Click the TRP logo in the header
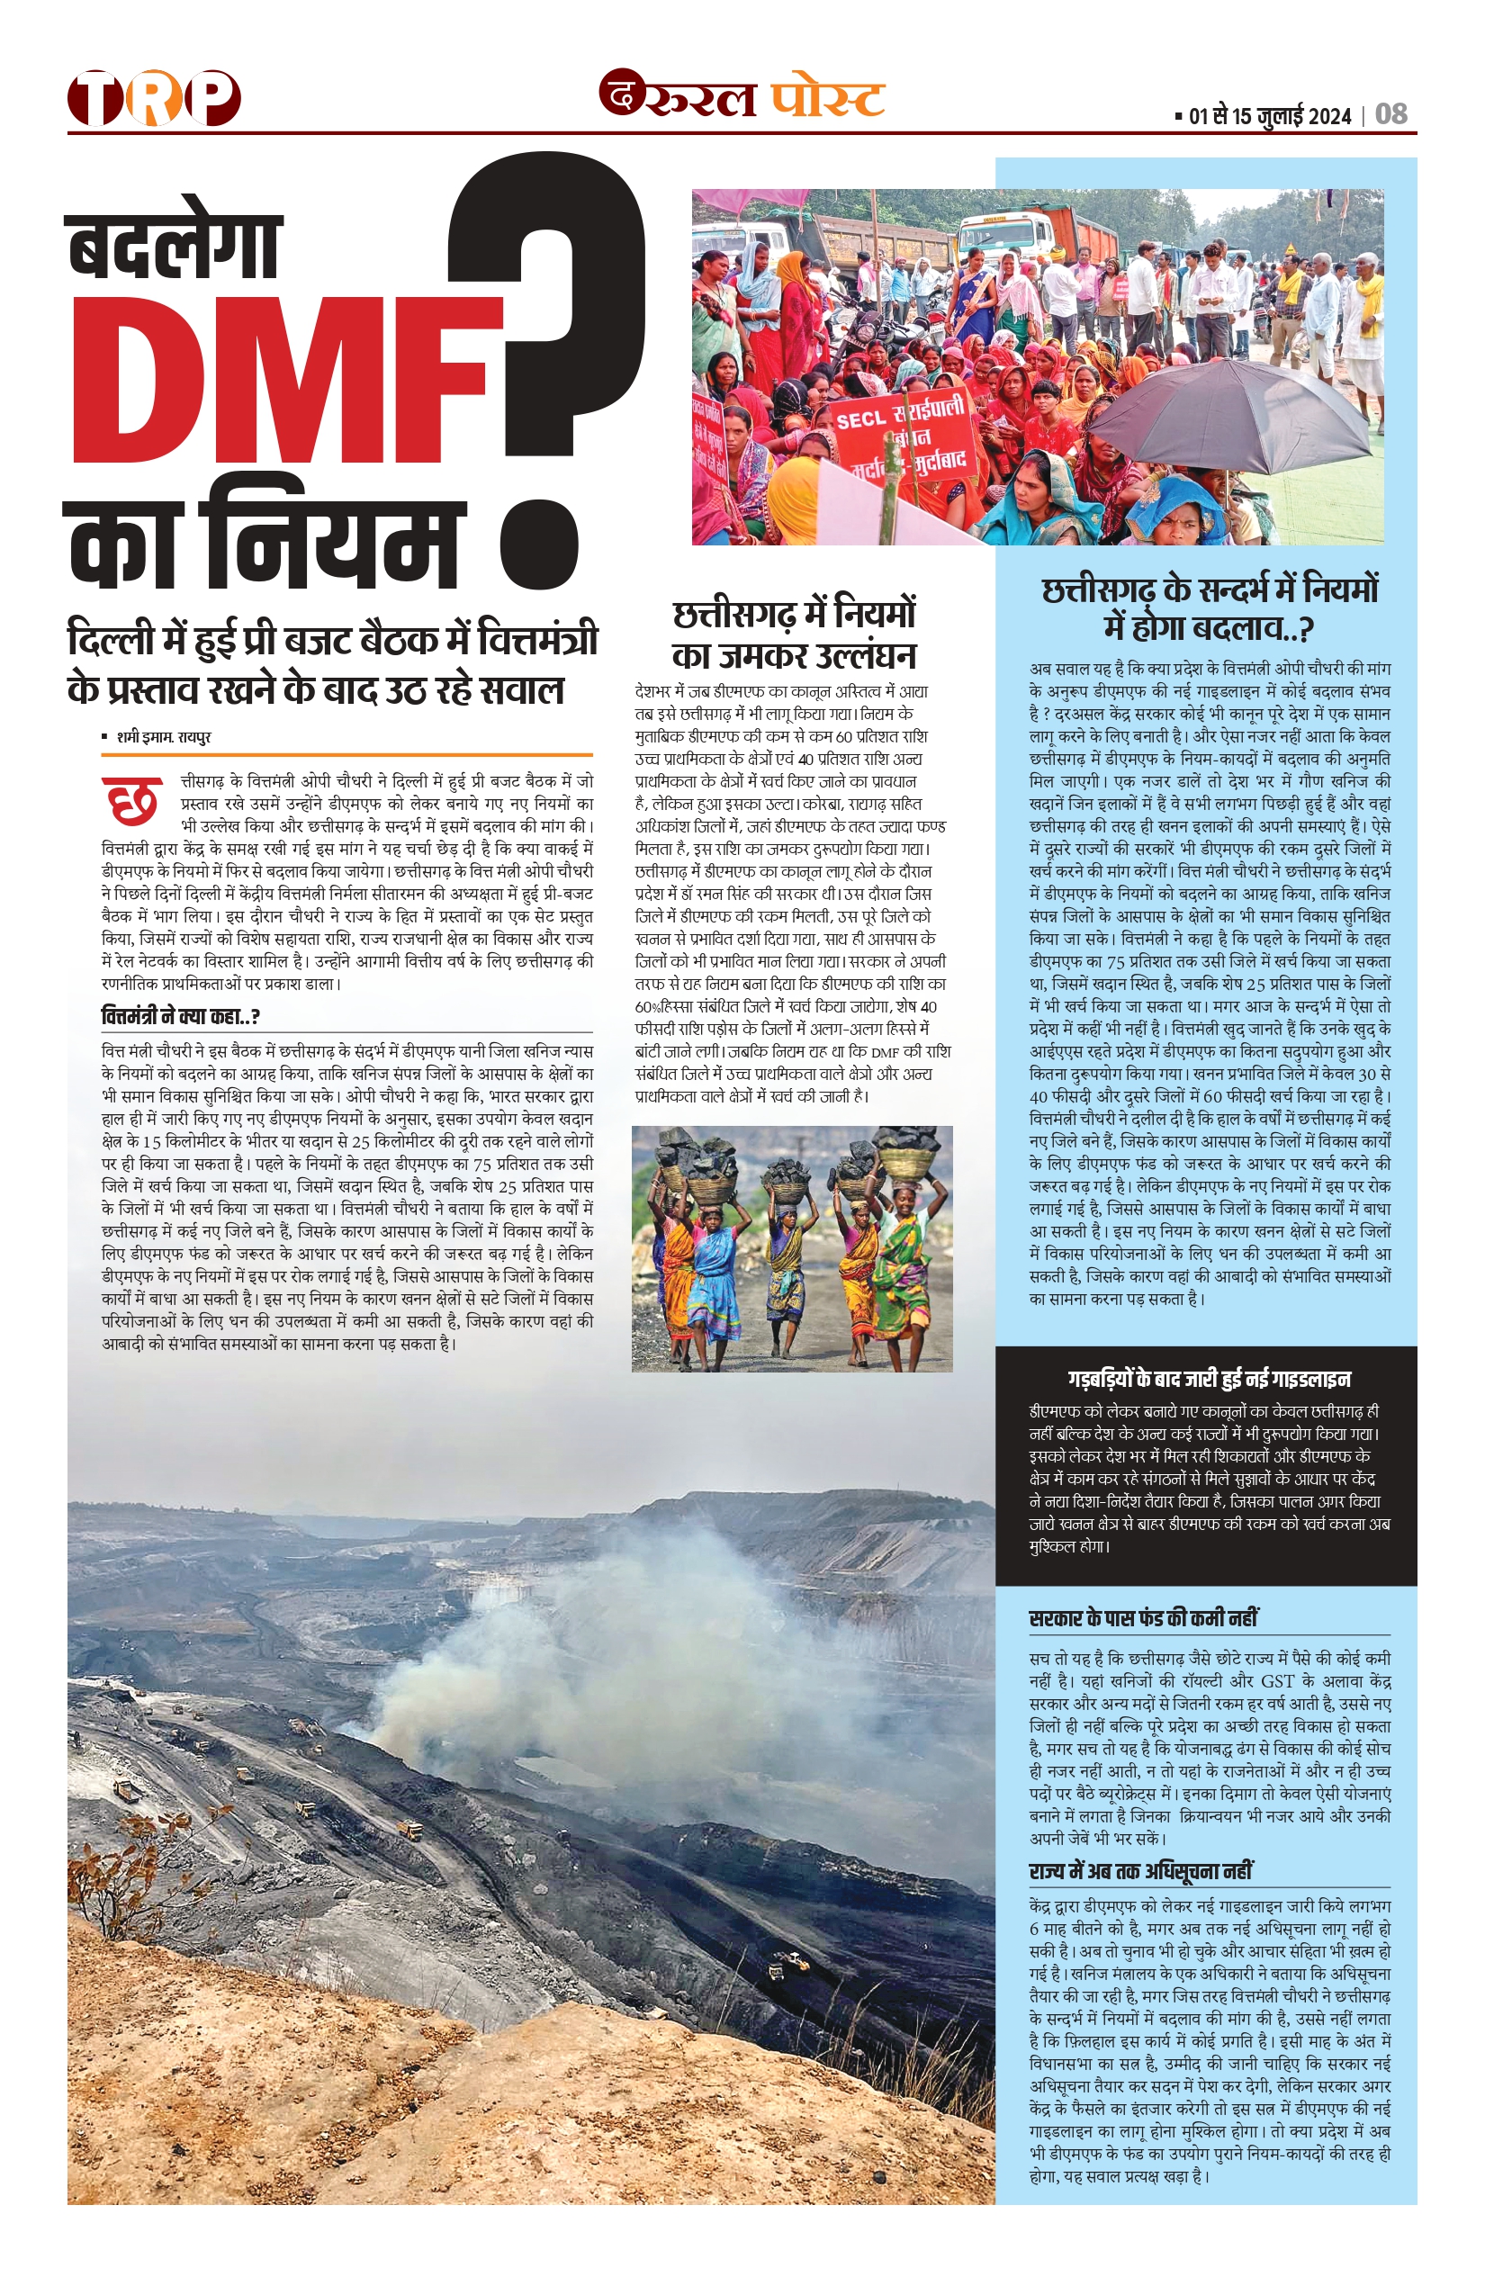153,97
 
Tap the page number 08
1390,115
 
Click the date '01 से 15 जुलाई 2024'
1269,117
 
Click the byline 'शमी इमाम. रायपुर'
163,738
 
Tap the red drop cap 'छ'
132,800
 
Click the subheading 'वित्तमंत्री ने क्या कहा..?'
180,1016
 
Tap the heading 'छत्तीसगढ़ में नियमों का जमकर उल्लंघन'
793,634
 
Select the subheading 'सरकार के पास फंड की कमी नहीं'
1144,1619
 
